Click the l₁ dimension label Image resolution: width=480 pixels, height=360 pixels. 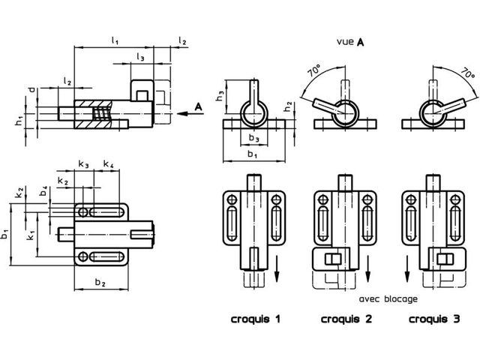pyautogui.click(x=115, y=40)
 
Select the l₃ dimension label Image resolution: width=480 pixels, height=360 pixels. pyautogui.click(x=140, y=57)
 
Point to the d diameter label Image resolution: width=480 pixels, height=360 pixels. pyautogui.click(x=31, y=90)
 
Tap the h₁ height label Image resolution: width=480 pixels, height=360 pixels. pyautogui.click(x=19, y=121)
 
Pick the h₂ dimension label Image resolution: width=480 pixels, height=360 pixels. pyautogui.click(x=288, y=106)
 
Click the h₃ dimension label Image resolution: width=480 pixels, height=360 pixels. pyautogui.click(x=220, y=96)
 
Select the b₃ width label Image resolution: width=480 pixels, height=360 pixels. pyautogui.click(x=253, y=138)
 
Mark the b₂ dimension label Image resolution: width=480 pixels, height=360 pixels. pyautogui.click(x=100, y=282)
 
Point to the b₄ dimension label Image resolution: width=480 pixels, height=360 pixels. pyautogui.click(x=44, y=190)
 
